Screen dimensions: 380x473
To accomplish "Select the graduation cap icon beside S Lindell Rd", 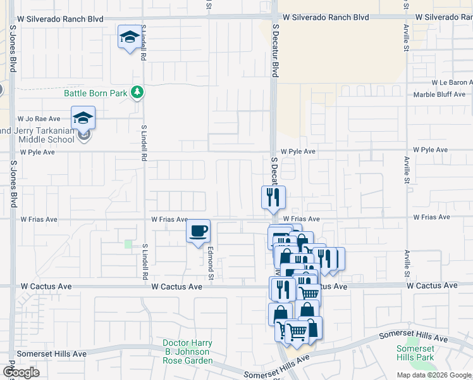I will click(130, 38).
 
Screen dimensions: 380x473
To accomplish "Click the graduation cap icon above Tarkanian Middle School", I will click(83, 118).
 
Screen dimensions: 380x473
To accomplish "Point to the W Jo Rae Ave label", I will click(39, 118).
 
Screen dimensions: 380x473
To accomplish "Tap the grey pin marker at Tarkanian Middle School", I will click(83, 134).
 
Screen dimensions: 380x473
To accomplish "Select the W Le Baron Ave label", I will click(451, 82).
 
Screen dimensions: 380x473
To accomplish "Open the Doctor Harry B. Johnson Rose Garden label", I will click(186, 351).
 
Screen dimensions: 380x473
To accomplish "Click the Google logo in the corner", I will click(20, 372).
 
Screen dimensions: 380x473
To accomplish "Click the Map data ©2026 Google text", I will click(434, 375).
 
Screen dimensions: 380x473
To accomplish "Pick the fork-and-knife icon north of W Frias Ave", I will click(274, 197).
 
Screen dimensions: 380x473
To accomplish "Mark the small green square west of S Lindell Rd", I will click(129, 244).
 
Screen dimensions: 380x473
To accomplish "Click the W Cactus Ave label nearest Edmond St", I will click(176, 286).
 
